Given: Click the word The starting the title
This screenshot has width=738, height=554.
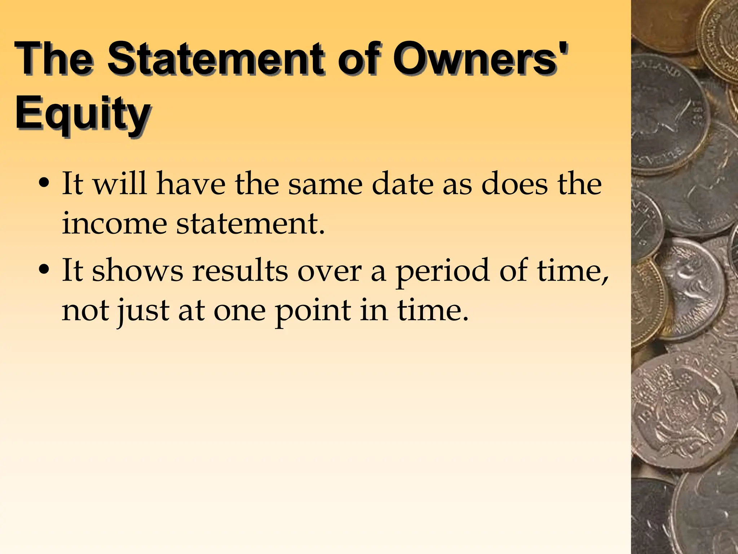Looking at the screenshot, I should click(54, 58).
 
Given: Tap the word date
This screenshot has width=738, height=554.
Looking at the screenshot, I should click(402, 184).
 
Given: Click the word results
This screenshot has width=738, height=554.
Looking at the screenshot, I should click(240, 271).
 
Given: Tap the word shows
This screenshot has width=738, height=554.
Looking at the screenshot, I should click(138, 271).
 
